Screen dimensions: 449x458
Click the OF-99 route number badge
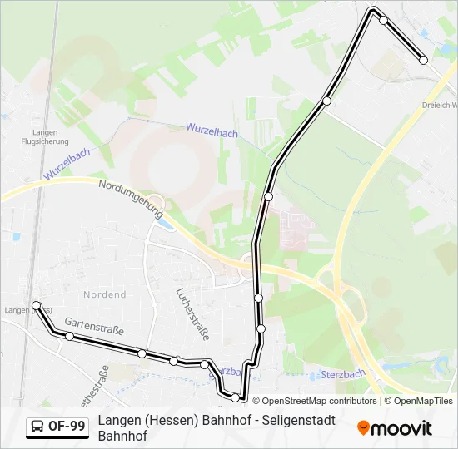coord(67,427)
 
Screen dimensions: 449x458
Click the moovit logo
coord(395,428)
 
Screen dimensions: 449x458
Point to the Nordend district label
coord(105,294)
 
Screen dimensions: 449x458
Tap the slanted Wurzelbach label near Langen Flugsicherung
coord(67,162)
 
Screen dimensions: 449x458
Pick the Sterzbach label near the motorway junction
coord(344,374)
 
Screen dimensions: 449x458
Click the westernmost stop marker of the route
coord(37,306)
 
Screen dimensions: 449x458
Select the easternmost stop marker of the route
coord(423,60)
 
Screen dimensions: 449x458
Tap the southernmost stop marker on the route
coord(236,397)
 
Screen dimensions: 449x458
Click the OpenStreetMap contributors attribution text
coord(320,401)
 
